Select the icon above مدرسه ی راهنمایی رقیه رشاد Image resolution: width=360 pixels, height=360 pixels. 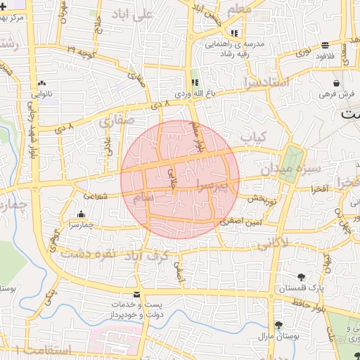click(x=234, y=33)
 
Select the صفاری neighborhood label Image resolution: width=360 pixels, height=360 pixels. click(x=116, y=120)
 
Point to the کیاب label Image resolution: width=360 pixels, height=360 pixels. click(x=252, y=135)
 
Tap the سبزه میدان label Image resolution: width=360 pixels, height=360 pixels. click(x=290, y=169)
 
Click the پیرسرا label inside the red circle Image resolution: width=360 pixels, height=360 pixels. click(x=212, y=186)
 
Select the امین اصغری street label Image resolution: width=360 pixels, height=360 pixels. click(x=241, y=221)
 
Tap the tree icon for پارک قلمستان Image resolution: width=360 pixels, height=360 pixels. click(x=302, y=276)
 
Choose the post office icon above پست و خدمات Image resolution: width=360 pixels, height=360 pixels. click(x=136, y=293)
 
